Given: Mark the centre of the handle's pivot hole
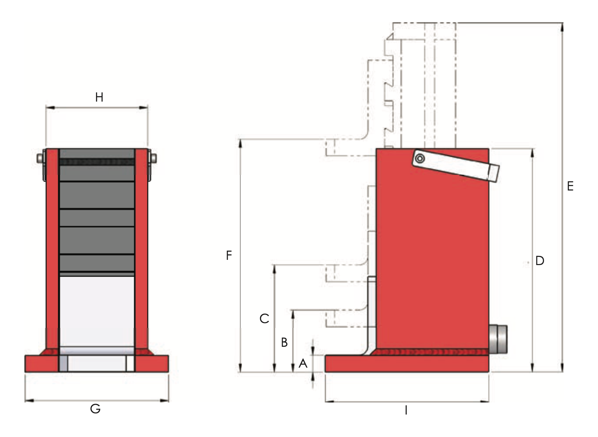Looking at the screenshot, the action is [x=420, y=159].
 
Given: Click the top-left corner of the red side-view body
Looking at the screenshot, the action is [x=376, y=149].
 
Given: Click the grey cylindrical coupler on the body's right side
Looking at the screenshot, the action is [x=498, y=339].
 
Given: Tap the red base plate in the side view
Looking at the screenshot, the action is [x=407, y=363].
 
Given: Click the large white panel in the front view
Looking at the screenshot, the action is [x=97, y=311].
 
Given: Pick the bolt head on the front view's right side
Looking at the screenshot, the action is [x=153, y=159].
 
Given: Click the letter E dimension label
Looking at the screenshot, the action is [x=570, y=186].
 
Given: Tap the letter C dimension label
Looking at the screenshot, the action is [x=264, y=318].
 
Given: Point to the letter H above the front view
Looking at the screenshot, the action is [x=99, y=97].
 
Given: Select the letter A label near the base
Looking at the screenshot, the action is [x=303, y=363].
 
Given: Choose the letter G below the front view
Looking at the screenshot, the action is [x=95, y=409].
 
